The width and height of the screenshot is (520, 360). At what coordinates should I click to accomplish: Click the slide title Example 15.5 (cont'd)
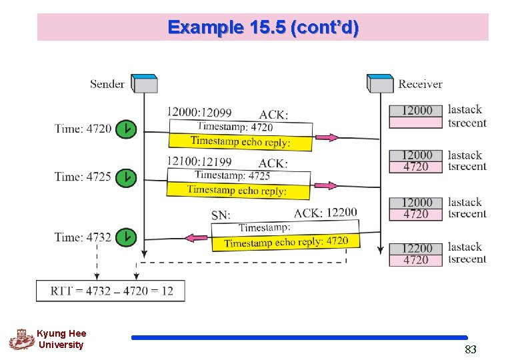point(263,27)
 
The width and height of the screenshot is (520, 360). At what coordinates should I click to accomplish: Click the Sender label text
point(107,84)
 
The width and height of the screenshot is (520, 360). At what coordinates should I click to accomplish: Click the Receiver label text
point(420,84)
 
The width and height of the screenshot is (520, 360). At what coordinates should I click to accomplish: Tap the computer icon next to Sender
point(144,83)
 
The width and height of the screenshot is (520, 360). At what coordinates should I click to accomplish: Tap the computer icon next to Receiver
point(381,83)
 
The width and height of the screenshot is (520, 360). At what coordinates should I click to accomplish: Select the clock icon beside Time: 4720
point(126,129)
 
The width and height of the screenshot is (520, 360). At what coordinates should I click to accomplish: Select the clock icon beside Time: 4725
point(126,177)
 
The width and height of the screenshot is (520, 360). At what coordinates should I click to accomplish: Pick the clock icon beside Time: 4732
point(126,237)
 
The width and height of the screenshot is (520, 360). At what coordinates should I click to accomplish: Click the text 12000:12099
point(199,113)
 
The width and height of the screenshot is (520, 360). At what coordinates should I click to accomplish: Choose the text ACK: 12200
point(325,213)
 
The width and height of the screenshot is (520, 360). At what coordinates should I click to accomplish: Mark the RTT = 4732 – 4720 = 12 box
point(110,291)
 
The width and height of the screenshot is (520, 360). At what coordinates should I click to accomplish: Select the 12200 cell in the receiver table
point(416,249)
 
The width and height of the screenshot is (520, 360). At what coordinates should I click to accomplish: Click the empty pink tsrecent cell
point(416,123)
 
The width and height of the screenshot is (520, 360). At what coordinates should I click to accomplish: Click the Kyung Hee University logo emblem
point(21,339)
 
